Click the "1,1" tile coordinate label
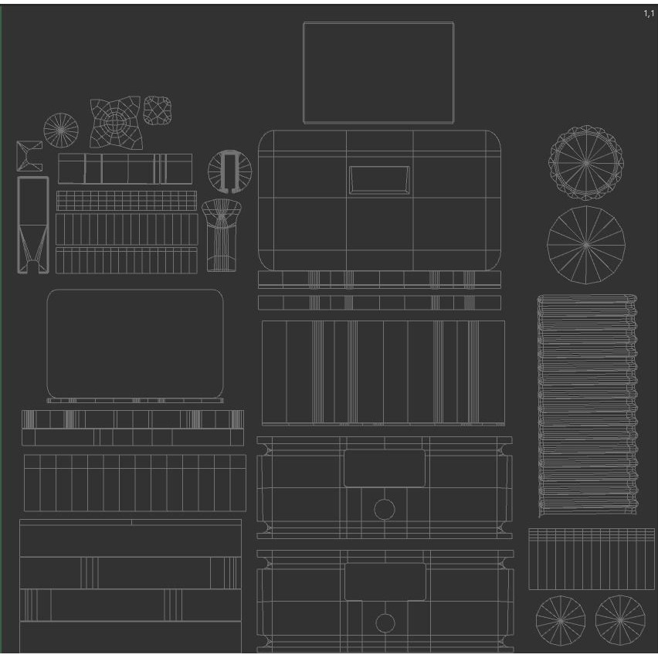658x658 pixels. pyautogui.click(x=649, y=13)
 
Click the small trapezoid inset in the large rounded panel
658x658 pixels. pyautogui.click(x=379, y=180)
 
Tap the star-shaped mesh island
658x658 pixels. pyautogui.click(x=115, y=123)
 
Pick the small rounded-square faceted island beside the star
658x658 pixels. pyautogui.click(x=158, y=110)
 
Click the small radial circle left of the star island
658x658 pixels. pyautogui.click(x=61, y=130)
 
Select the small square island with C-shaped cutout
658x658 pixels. pyautogui.click(x=29, y=156)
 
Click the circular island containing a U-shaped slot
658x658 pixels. pyautogui.click(x=229, y=171)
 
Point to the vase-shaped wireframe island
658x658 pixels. pyautogui.click(x=222, y=235)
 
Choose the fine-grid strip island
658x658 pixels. pyautogui.click(x=127, y=201)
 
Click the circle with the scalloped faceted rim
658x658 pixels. pyautogui.click(x=586, y=162)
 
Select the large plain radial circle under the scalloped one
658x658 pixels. pyautogui.click(x=586, y=245)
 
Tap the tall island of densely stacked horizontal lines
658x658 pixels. pyautogui.click(x=587, y=405)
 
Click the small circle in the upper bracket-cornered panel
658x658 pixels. pyautogui.click(x=385, y=510)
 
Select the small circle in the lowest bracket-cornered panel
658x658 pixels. pyautogui.click(x=385, y=623)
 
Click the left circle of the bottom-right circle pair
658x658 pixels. pyautogui.click(x=560, y=621)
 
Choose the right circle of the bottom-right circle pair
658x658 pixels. pyautogui.click(x=620, y=620)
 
